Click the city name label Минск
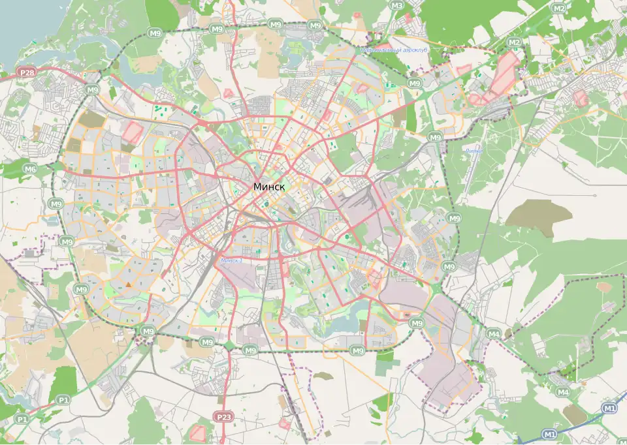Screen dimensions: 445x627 (x=269, y=187)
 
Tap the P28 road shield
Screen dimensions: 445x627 (x=26, y=73)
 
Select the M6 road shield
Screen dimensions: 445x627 (x=30, y=169)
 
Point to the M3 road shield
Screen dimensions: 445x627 (x=397, y=6)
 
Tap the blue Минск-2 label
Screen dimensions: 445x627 (x=232, y=260)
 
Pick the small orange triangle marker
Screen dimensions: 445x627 (x=129, y=284)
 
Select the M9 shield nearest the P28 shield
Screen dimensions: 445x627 (x=92, y=90)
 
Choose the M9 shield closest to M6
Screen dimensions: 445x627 (x=55, y=204)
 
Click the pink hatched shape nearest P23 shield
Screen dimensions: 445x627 (x=197, y=432)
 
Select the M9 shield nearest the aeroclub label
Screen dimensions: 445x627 (x=414, y=84)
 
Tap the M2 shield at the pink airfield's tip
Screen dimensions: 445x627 (x=515, y=43)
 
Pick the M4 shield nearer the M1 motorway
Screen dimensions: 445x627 (x=563, y=392)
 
